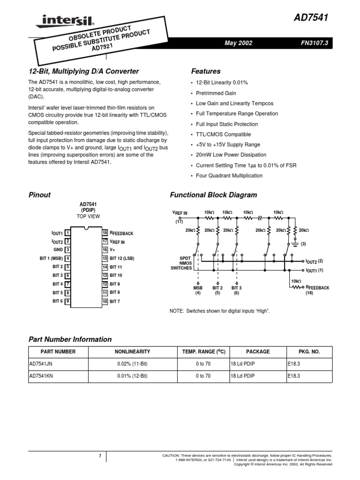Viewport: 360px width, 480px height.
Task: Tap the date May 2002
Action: point(239,43)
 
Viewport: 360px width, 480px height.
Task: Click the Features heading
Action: point(206,71)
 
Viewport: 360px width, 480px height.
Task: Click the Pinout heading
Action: point(40,195)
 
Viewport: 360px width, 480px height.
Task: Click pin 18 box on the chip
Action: point(105,233)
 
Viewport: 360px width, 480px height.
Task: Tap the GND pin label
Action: point(58,250)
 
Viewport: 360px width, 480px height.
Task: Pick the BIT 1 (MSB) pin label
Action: point(51,258)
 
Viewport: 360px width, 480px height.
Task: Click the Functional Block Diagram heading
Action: point(213,195)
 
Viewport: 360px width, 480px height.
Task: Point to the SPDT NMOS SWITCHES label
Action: point(182,263)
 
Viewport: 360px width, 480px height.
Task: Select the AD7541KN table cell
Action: point(43,375)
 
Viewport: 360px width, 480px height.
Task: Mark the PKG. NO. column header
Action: point(308,351)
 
